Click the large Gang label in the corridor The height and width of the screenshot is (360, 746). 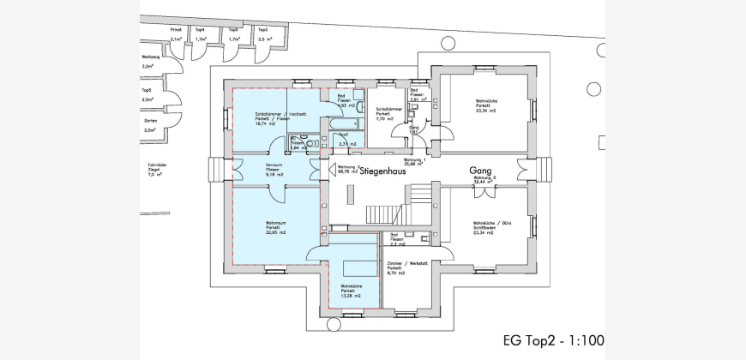coord(478,170)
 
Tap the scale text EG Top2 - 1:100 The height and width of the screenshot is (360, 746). coord(553,340)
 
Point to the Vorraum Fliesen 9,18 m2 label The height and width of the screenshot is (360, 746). coord(275,170)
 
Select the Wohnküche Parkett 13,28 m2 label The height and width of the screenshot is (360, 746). coord(350,291)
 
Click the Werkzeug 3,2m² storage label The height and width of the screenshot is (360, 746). coord(151,62)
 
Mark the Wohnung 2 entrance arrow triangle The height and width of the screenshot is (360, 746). coord(323,171)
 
